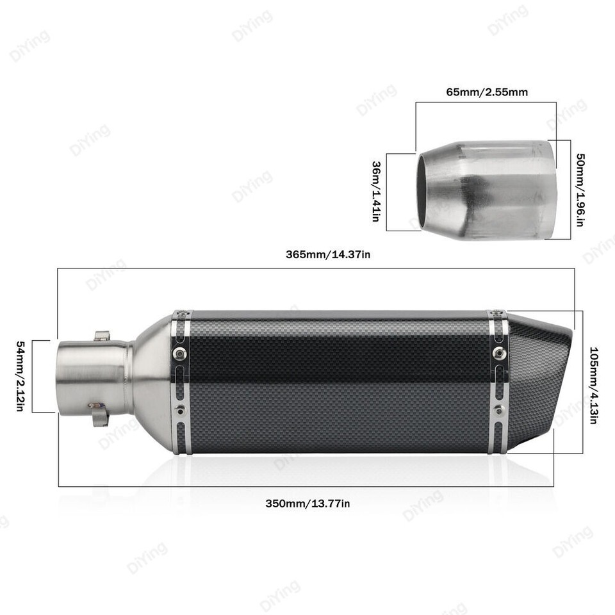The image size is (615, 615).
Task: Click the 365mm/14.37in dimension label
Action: [328, 254]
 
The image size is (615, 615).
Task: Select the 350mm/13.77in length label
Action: [307, 503]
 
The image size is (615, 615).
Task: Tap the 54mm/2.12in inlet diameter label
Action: [20, 376]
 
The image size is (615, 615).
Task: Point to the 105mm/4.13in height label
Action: [593, 386]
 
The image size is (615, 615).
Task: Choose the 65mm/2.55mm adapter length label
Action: [487, 92]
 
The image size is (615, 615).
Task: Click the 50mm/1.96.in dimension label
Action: [580, 190]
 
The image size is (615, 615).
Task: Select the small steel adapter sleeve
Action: [487, 190]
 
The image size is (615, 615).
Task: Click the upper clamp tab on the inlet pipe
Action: [102, 336]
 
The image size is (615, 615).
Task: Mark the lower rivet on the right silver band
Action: [498, 410]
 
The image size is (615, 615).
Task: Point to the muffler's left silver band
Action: [181, 382]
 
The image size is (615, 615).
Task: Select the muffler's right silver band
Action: [498, 382]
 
